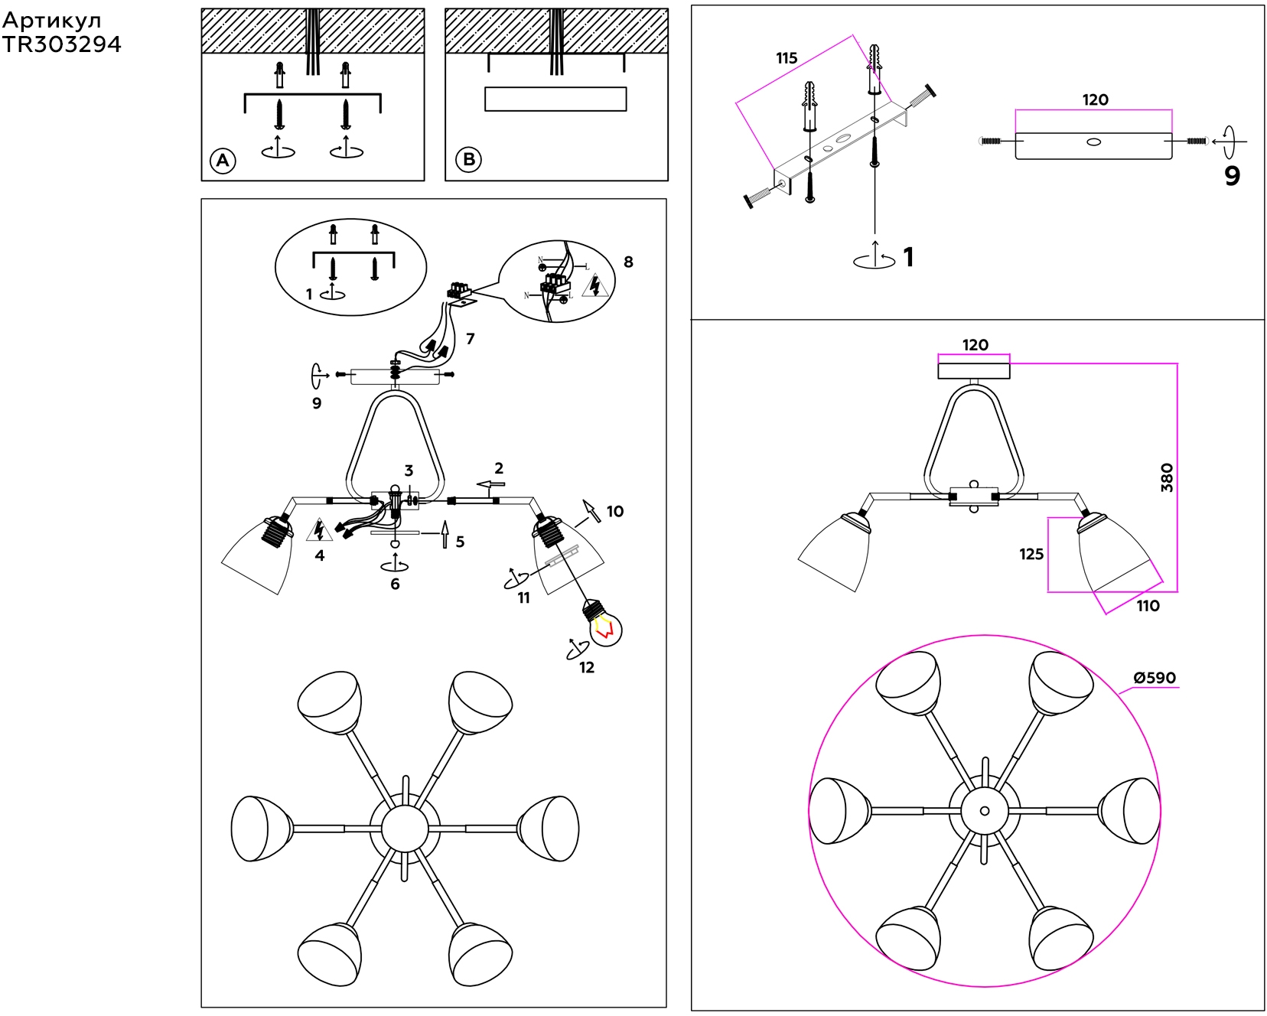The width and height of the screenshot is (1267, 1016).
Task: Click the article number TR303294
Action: tap(61, 44)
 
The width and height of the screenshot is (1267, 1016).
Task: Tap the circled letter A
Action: tap(223, 161)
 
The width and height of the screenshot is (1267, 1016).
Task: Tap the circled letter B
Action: tap(468, 160)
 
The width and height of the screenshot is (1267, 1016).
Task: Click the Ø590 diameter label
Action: tap(1155, 678)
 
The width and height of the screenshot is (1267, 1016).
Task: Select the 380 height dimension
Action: tap(1167, 477)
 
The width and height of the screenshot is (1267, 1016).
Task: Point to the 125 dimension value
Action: tap(1031, 554)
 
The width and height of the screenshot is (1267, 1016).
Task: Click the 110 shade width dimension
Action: tap(1148, 606)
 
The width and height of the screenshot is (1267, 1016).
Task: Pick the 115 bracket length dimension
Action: tap(787, 58)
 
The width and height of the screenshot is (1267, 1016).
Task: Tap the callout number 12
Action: tap(587, 667)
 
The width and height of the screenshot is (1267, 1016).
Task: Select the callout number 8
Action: tap(628, 262)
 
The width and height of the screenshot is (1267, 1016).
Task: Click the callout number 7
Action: tap(470, 338)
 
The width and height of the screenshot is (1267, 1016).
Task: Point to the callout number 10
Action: tap(615, 511)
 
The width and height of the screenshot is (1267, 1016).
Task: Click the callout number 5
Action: tap(460, 542)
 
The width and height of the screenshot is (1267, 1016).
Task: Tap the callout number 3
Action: tap(409, 471)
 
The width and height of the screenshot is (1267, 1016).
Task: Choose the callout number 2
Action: tap(499, 467)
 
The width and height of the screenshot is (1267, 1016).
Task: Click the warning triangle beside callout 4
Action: tap(319, 529)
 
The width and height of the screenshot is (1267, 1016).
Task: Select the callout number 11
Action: tap(523, 598)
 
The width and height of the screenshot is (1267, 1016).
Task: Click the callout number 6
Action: tap(395, 584)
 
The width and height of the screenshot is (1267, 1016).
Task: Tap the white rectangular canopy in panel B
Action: tap(555, 99)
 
